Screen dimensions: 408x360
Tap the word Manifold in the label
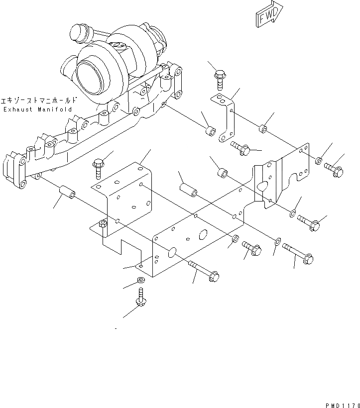[x=55, y=109]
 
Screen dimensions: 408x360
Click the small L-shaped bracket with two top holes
[x=227, y=119]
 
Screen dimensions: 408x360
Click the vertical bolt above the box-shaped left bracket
[x=98, y=166]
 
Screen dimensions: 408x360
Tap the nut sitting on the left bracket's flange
[x=103, y=225]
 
